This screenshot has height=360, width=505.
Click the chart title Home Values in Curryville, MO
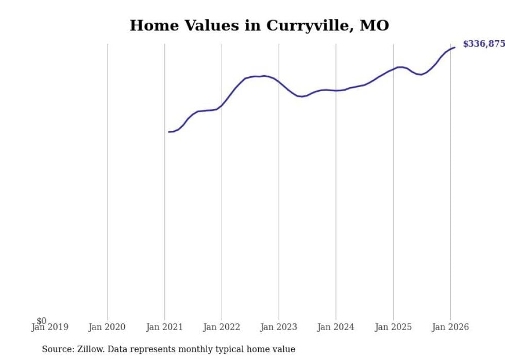coord(259,25)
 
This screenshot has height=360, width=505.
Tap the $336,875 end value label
coord(483,44)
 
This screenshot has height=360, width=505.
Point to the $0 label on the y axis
coord(41,321)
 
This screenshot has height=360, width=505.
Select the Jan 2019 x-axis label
coord(49,327)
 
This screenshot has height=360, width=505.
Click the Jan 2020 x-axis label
coord(107,327)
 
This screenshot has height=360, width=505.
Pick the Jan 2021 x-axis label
coord(164,327)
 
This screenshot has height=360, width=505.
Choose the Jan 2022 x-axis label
coord(222,327)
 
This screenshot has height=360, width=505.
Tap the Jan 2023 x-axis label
coord(279,327)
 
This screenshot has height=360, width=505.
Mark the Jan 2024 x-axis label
coord(336,327)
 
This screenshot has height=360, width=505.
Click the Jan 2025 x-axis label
coord(393,327)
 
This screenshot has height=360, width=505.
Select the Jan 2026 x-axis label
coord(450,327)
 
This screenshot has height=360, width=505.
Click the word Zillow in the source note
coord(89,350)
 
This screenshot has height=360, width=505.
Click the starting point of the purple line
coord(169,132)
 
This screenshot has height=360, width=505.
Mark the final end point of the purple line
coord(454,47)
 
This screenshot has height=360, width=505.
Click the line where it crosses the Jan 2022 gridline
coord(222,106)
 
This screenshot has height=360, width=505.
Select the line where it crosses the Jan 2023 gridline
coord(279,82)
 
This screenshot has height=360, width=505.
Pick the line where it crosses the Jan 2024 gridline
coord(336,91)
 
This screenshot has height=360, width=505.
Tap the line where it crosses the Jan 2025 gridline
coord(393,68)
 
